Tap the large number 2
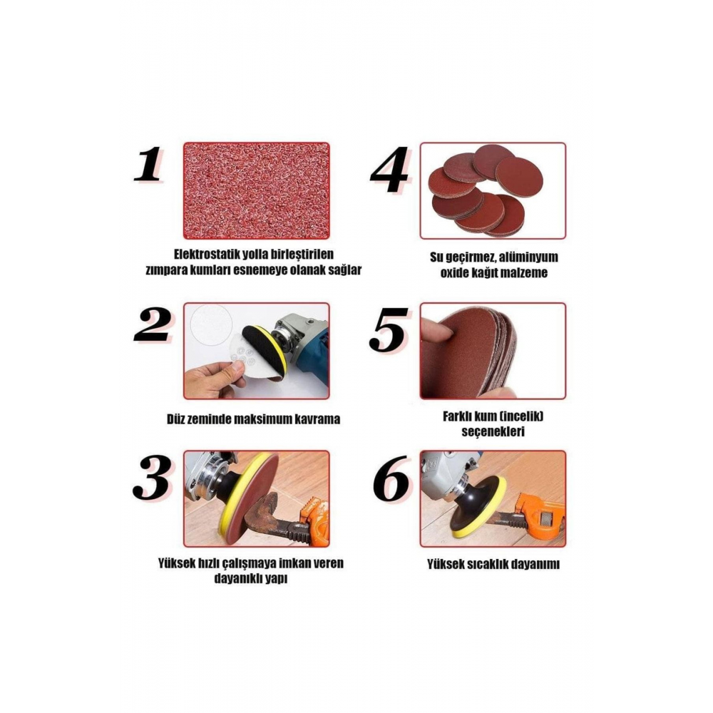click(x=153, y=325)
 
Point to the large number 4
click(x=390, y=169)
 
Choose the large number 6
click(x=391, y=478)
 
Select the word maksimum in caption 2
click(x=263, y=419)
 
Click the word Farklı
click(x=457, y=416)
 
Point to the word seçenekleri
click(x=493, y=431)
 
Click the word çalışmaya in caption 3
click(x=249, y=564)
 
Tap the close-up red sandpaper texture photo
click(x=257, y=190)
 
